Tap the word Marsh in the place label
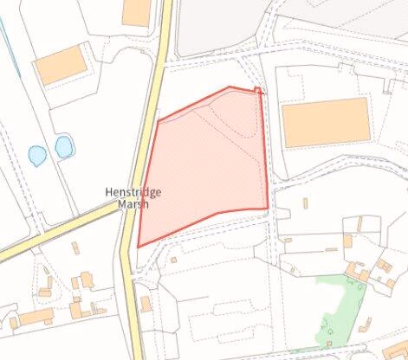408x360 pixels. point(132,205)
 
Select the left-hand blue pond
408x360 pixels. point(36,156)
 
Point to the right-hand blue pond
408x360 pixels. point(63,147)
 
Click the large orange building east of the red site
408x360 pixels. point(327,122)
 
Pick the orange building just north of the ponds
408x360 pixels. point(62,65)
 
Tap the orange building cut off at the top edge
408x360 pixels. point(136,11)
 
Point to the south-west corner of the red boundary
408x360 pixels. point(139,246)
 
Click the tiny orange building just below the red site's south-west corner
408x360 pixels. point(173,258)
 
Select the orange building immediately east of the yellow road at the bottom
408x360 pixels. point(145,303)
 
